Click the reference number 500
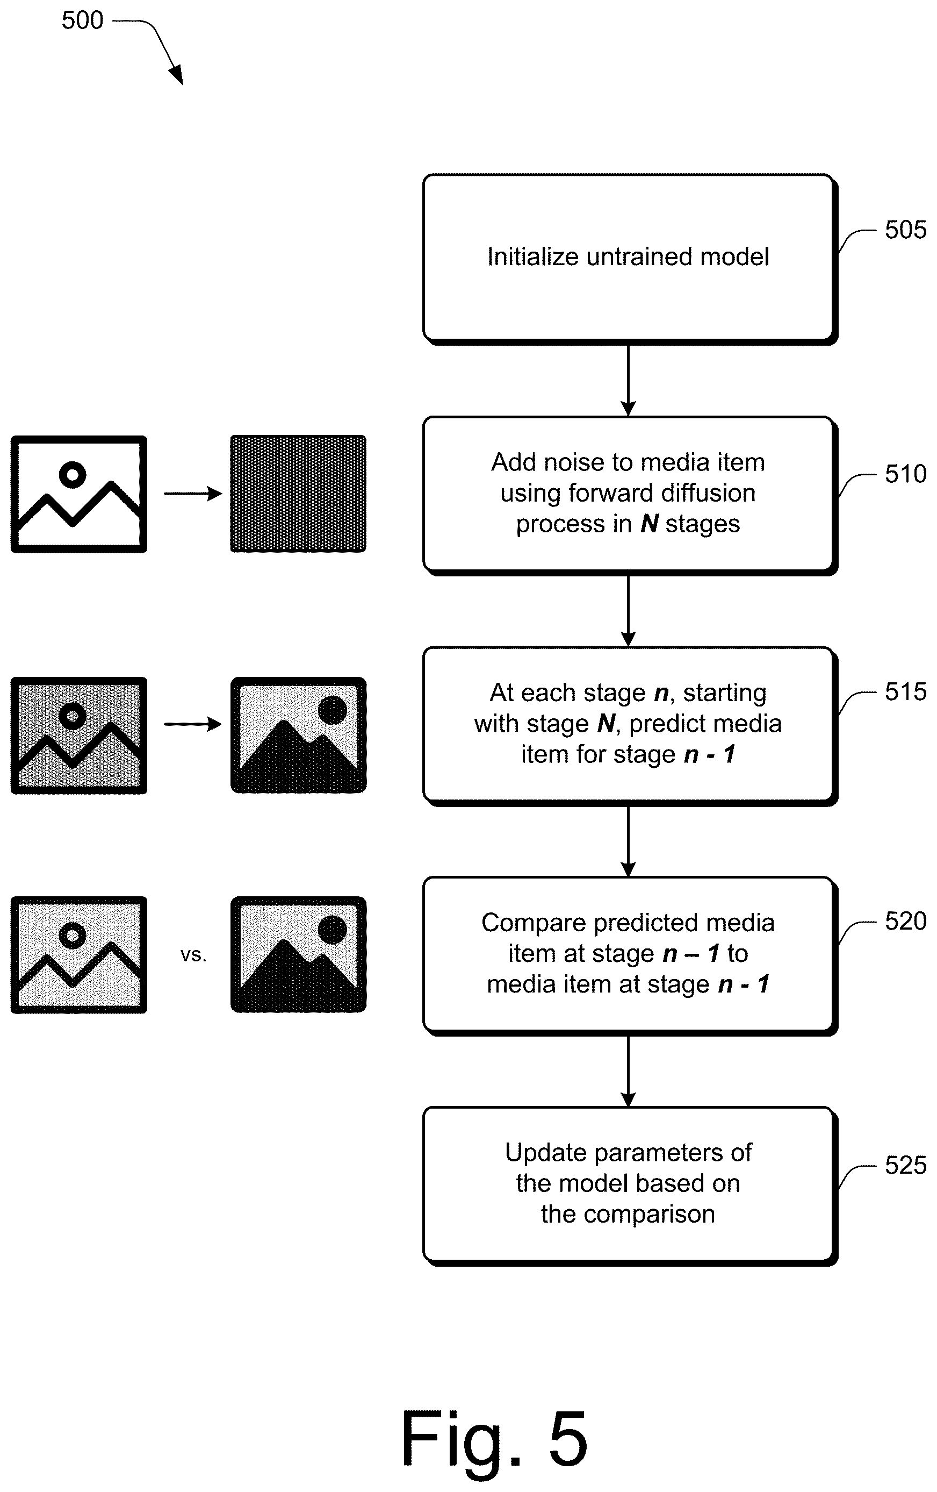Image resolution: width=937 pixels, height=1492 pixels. coord(82,20)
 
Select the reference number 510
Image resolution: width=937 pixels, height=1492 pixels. coord(905,474)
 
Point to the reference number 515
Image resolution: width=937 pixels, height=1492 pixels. coord(905,691)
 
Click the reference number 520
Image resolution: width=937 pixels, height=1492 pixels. coord(905,922)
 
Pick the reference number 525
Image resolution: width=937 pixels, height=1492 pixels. coord(905,1166)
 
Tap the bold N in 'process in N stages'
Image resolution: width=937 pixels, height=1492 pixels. coord(649,524)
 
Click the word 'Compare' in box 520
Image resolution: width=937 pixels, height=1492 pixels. coord(535,923)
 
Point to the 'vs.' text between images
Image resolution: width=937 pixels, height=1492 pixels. coord(193,955)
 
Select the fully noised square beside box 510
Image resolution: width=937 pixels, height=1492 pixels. coord(298,494)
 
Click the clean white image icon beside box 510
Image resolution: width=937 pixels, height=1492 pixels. coord(78,494)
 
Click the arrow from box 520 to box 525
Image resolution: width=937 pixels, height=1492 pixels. coord(628,1070)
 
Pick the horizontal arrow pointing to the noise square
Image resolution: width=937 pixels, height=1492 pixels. coord(192,494)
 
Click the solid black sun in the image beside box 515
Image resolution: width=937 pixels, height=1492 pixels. coord(332,710)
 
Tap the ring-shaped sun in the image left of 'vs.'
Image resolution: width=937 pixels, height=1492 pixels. coord(73,935)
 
